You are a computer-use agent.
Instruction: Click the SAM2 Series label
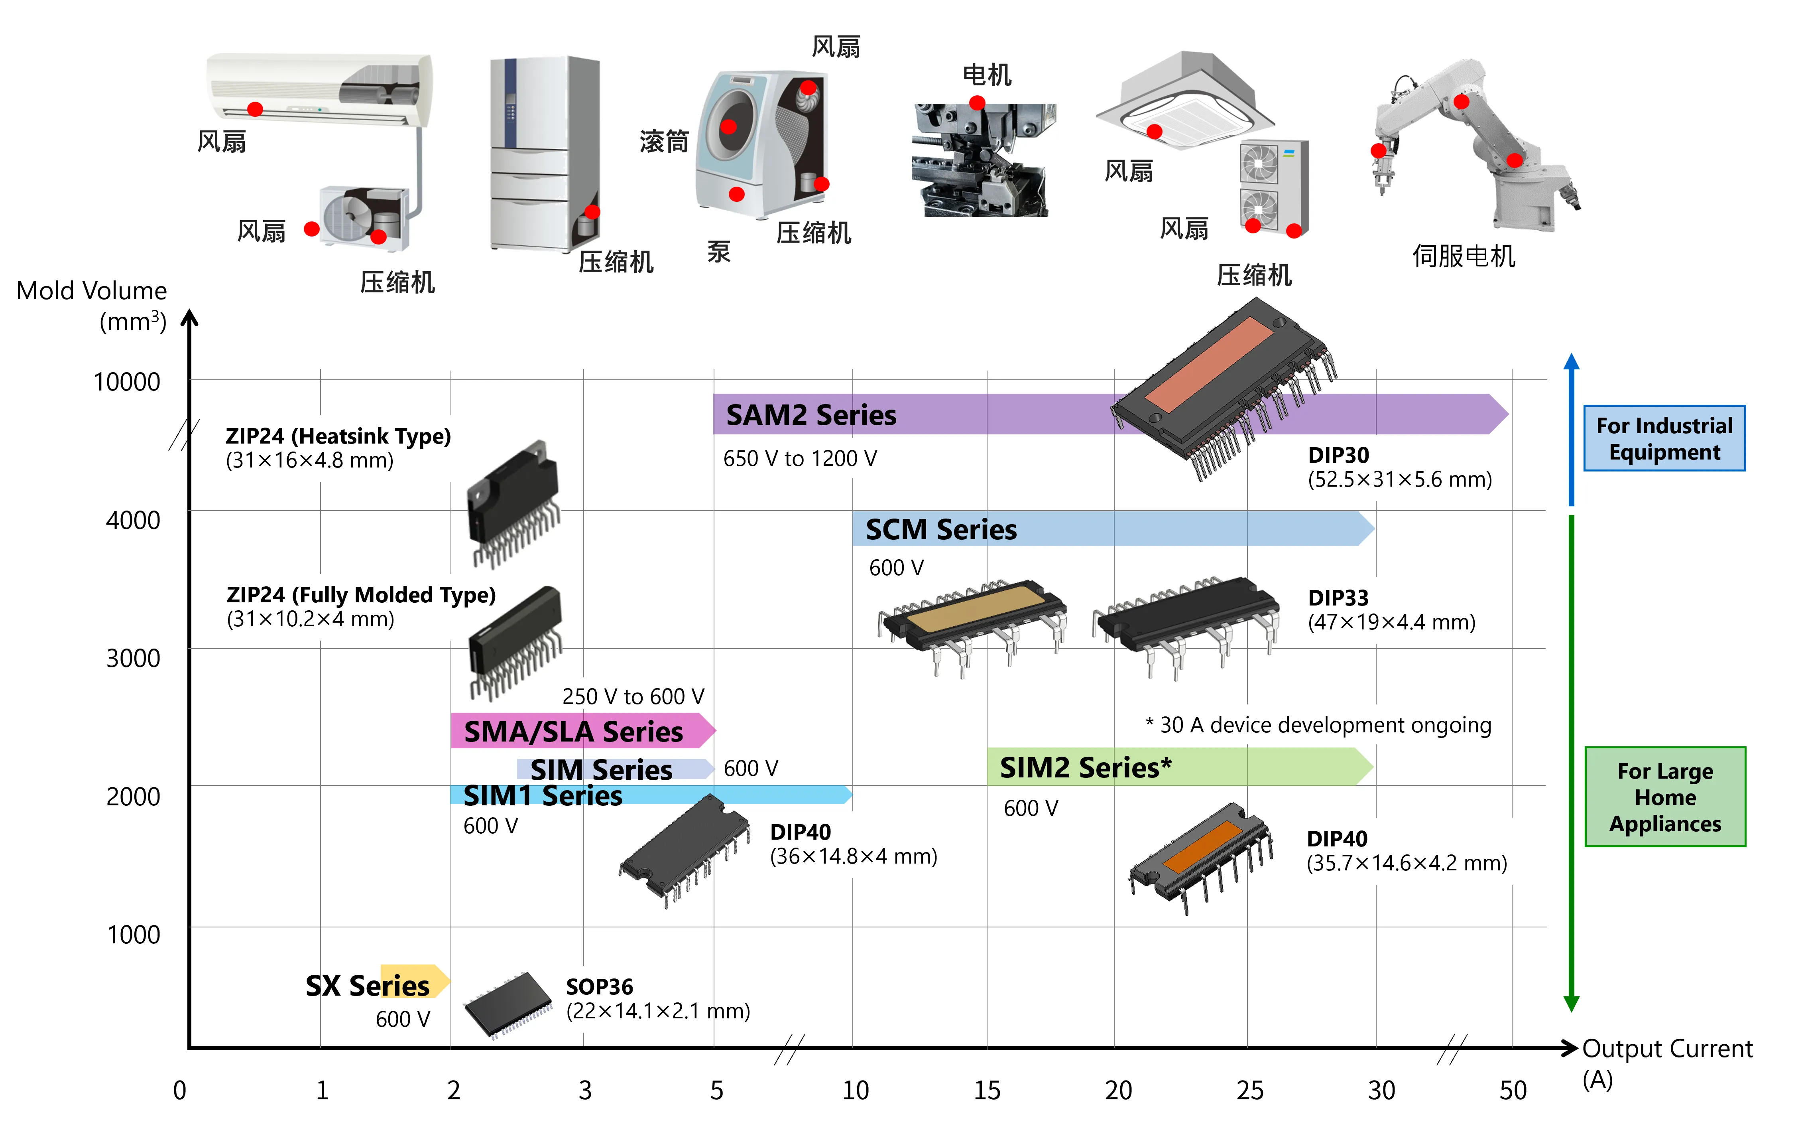pos(811,415)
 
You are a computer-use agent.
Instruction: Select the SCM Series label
pos(940,529)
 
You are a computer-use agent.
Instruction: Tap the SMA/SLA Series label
pos(573,731)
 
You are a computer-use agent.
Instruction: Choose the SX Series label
pos(368,986)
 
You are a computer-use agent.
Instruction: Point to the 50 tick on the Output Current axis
pos(1512,1090)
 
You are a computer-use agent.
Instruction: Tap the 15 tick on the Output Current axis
pos(987,1090)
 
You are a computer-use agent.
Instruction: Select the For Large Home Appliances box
pos(1665,797)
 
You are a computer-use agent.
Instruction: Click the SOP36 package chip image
pos(508,1004)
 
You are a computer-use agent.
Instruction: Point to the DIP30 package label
pos(1338,455)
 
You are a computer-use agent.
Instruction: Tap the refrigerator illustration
pos(542,153)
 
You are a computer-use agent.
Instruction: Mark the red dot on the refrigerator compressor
pos(592,211)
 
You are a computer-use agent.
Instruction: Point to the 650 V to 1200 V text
pos(800,458)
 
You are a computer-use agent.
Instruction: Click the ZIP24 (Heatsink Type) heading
pos(338,436)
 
